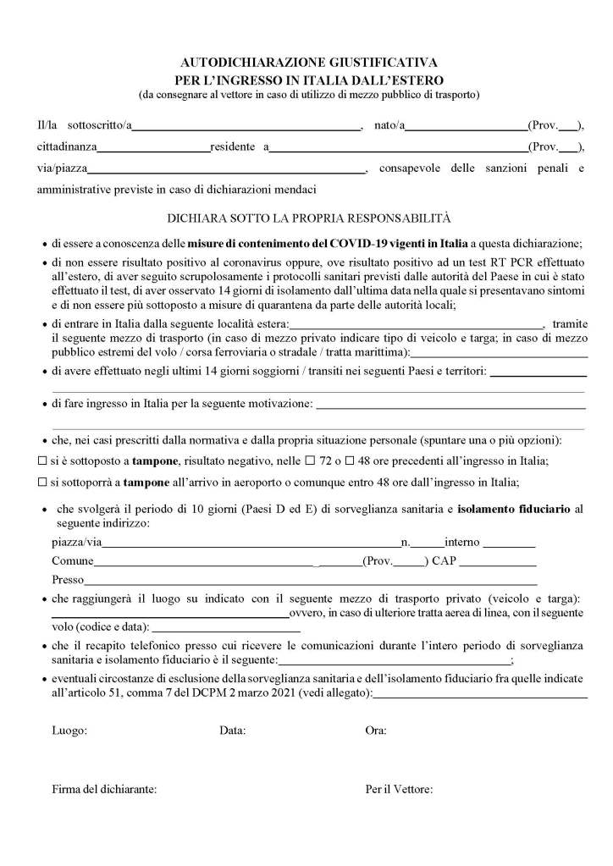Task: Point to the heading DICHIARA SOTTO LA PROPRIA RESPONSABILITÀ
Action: [x=309, y=217]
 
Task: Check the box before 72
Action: [x=310, y=461]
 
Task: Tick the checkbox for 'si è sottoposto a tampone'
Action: [x=43, y=461]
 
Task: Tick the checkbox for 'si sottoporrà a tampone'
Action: [x=43, y=482]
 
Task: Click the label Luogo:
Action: [x=69, y=730]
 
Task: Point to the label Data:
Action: [x=233, y=730]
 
